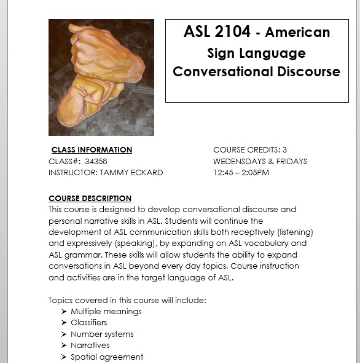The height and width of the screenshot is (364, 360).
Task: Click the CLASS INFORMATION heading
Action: (x=92, y=149)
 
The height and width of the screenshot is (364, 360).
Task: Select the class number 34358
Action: (x=96, y=161)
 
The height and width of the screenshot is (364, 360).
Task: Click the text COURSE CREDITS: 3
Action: (x=250, y=149)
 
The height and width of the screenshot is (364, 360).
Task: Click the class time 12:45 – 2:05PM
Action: (x=241, y=173)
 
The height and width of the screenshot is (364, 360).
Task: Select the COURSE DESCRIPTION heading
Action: (x=90, y=198)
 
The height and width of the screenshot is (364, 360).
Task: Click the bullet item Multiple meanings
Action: (x=106, y=311)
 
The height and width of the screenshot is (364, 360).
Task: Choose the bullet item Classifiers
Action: (x=88, y=322)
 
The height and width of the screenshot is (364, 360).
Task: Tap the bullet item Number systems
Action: (x=101, y=334)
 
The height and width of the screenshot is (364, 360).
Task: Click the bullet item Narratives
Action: (x=90, y=346)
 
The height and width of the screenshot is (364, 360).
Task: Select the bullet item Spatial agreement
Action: (x=106, y=357)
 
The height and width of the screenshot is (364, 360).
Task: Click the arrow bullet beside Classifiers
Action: (x=65, y=323)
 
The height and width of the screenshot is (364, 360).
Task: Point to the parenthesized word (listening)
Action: (x=292, y=232)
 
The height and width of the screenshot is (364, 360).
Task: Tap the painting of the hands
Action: (x=101, y=77)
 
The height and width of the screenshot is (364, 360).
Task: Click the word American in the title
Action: (x=297, y=32)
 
